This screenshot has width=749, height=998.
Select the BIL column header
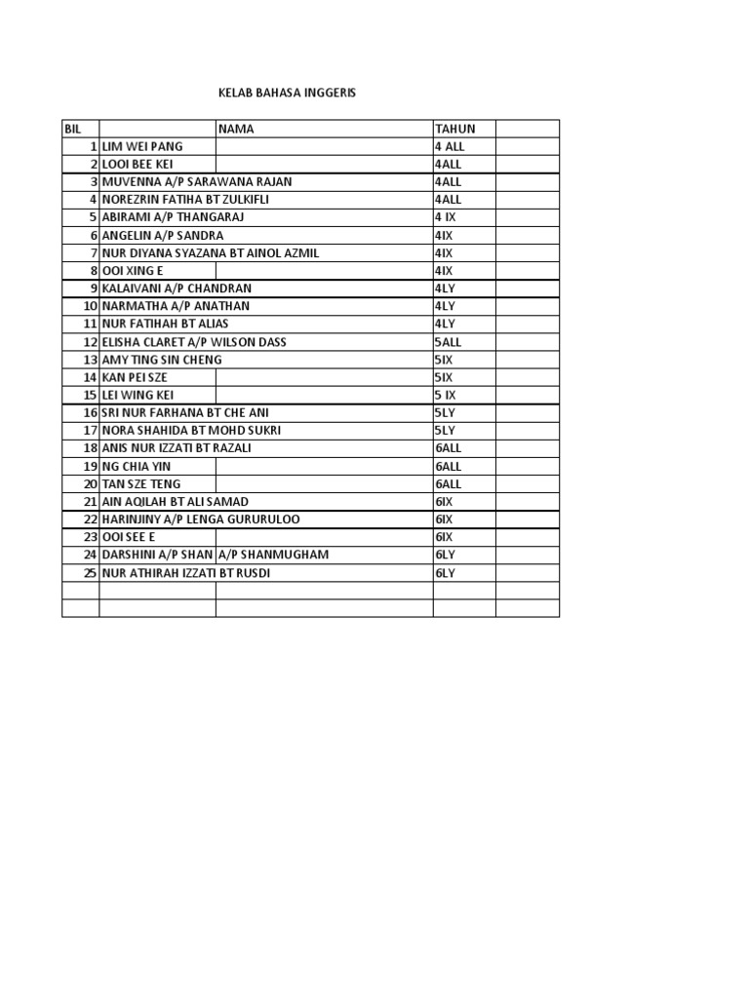tap(72, 129)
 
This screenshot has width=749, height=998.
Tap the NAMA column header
tap(236, 129)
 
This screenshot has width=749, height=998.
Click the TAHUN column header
tap(455, 129)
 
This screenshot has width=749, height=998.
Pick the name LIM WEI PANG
tap(142, 146)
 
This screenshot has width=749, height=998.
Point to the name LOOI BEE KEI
tap(138, 164)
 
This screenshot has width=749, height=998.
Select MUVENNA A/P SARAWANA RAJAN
tap(197, 181)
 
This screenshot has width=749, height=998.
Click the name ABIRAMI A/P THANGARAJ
tap(172, 217)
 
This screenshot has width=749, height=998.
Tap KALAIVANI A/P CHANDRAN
tap(177, 288)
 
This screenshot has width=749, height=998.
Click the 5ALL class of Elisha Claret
tap(449, 342)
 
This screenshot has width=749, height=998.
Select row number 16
tap(93, 412)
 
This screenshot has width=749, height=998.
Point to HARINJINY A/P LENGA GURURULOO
tap(202, 519)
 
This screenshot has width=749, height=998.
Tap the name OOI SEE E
tap(129, 537)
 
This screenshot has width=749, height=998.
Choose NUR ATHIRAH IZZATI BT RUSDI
tap(186, 573)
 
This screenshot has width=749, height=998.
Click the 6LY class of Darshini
tap(446, 555)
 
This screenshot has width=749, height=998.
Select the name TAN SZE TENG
tap(141, 483)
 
